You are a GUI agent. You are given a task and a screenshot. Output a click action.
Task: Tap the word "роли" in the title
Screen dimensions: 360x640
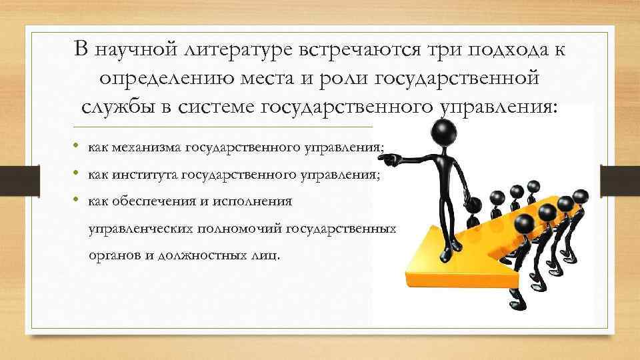tap(340, 79)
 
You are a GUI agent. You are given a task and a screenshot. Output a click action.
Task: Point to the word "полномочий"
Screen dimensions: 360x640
tap(241, 229)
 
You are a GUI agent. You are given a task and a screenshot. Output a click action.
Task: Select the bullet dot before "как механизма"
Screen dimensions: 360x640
tap(77, 146)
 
